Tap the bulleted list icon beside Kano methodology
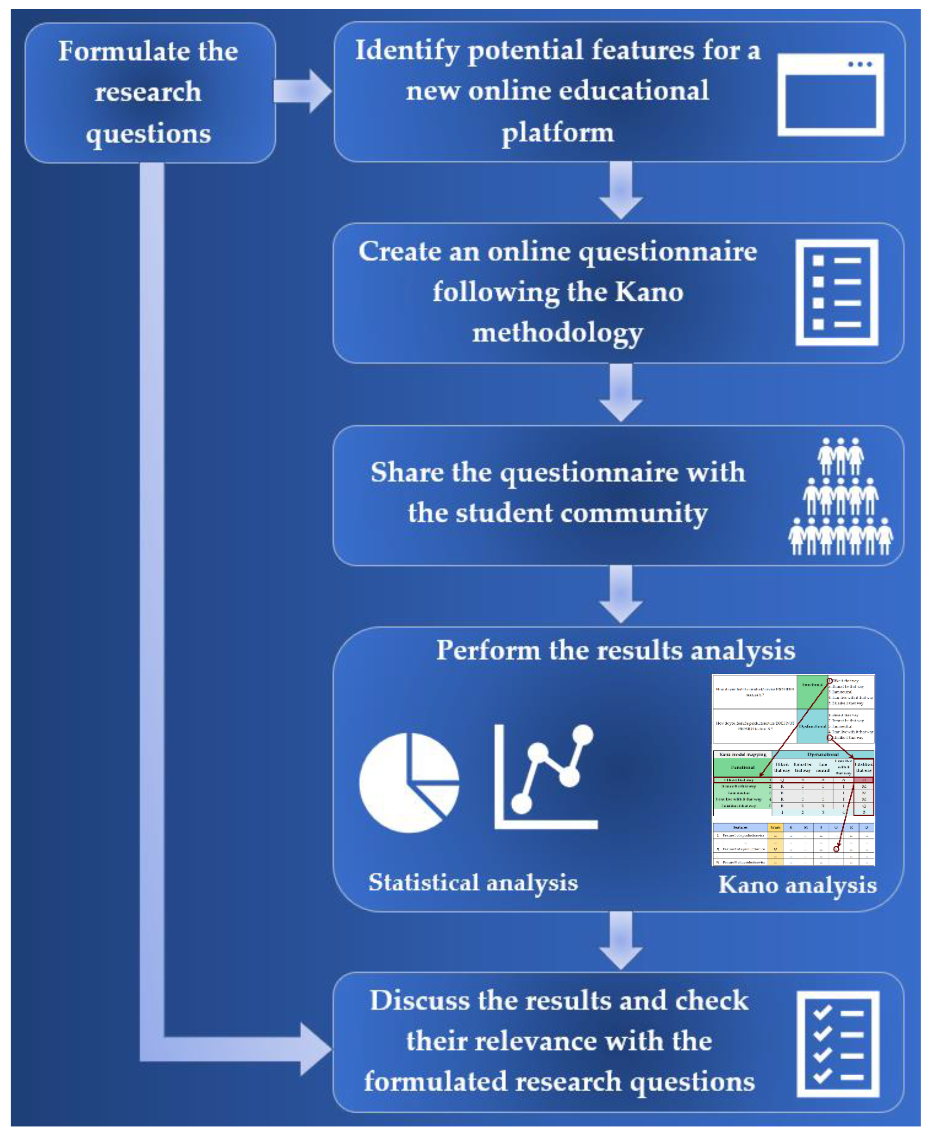click(836, 292)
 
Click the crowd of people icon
click(840, 497)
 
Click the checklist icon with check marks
click(837, 1044)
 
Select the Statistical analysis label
click(473, 882)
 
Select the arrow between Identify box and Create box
click(621, 190)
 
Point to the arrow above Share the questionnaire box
click(621, 392)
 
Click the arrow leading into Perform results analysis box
click(621, 594)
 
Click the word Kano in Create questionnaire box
click(649, 292)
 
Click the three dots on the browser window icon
click(860, 64)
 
